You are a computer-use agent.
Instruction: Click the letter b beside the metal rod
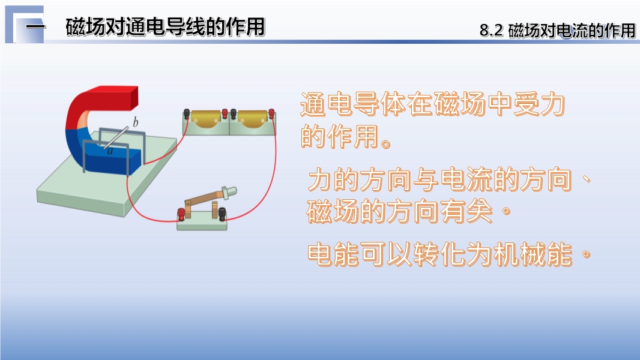pos(136,122)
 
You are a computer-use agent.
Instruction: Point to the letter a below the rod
pos(110,151)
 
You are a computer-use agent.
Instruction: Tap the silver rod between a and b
pos(116,138)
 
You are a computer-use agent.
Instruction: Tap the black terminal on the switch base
pos(222,214)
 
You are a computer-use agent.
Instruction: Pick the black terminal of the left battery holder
pos(187,113)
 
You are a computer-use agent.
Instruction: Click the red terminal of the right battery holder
pos(271,113)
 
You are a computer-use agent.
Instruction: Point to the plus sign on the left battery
pos(216,121)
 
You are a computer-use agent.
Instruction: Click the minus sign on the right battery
pos(242,121)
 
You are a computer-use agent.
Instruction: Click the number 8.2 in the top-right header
pos(491,31)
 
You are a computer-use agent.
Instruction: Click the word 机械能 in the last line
pos(533,254)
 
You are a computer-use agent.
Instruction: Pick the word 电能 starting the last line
pos(333,254)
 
